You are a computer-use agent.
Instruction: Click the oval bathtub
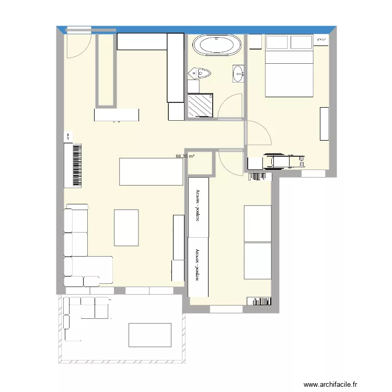pos(217,45)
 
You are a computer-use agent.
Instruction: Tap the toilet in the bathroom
pos(199,73)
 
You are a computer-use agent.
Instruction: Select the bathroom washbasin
pos(238,73)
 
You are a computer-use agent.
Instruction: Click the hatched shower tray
pos(200,105)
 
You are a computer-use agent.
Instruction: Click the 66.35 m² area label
pos(185,156)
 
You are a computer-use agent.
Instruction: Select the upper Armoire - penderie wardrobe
pos(198,206)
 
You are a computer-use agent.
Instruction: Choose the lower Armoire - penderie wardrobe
pos(198,266)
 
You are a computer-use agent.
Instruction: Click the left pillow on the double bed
pos(278,42)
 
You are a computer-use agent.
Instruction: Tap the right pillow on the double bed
pos(302,42)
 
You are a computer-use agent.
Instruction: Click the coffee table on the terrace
pos(149,335)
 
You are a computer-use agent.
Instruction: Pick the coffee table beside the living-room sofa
pos(126,227)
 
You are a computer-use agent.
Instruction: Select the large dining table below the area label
pos(151,171)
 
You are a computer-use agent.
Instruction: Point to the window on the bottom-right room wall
pos(226,309)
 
